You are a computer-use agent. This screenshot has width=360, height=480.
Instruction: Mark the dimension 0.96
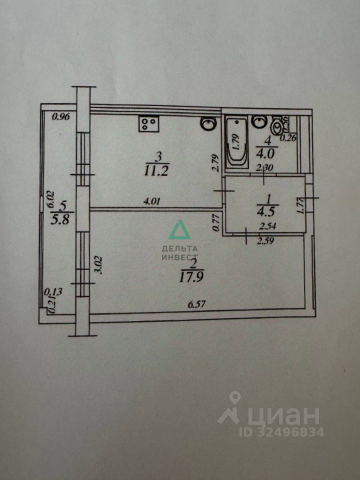(x=60, y=117)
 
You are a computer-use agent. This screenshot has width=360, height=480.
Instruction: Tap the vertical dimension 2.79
(x=215, y=163)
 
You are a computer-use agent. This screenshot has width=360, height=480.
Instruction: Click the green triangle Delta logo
(x=178, y=231)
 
